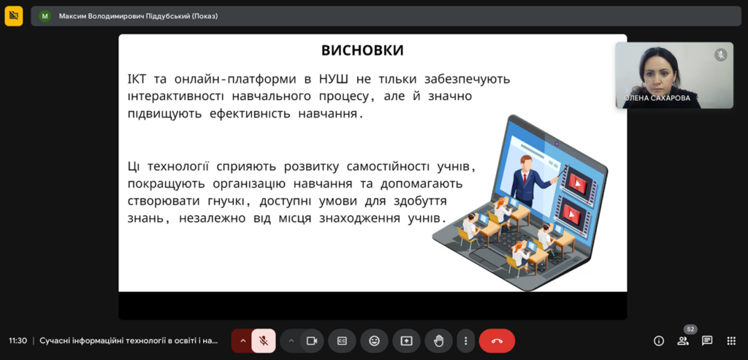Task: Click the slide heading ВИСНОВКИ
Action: (x=362, y=50)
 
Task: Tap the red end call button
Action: (x=497, y=341)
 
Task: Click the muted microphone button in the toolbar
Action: (x=263, y=341)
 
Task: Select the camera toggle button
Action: (x=312, y=341)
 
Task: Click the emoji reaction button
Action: (x=375, y=341)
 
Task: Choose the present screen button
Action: (x=406, y=341)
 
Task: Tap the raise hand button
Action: (x=438, y=341)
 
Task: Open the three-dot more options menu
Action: (x=465, y=341)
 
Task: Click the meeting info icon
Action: (x=659, y=341)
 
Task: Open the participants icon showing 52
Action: (x=683, y=341)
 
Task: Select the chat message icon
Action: (x=707, y=341)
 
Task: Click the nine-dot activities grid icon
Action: (x=731, y=341)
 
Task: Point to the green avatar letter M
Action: (x=45, y=16)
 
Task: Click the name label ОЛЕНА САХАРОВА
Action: (x=657, y=99)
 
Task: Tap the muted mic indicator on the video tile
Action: (x=721, y=55)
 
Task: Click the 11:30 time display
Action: (x=18, y=341)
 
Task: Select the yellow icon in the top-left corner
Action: (x=14, y=16)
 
